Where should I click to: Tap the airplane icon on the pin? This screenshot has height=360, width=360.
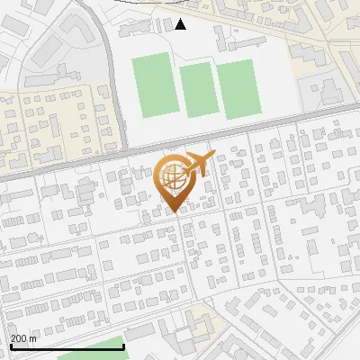coord(195,163)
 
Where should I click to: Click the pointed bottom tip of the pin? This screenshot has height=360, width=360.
coord(175,211)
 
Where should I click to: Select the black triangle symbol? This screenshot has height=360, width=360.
coord(180,24)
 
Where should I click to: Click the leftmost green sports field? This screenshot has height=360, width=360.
coord(152,84)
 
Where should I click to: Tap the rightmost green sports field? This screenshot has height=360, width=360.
coord(238,90)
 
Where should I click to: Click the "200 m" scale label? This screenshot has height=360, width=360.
coord(22,337)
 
